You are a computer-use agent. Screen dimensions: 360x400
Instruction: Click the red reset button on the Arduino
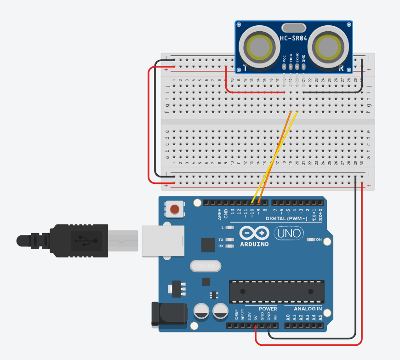coord(175,210)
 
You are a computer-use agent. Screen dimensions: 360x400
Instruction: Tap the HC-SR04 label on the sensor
coord(293,39)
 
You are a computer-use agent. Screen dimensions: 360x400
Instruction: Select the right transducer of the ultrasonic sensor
coord(329,46)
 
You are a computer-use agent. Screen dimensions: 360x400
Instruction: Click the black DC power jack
coord(169,315)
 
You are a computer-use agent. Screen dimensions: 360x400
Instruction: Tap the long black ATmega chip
coord(276,291)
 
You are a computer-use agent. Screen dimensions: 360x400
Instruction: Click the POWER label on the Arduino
coord(268,309)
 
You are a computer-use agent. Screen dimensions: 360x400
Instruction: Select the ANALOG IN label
coord(303,309)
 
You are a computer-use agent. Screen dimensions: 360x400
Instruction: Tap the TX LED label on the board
coord(221,240)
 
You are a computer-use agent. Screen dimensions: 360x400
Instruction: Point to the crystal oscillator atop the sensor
coord(293,28)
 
